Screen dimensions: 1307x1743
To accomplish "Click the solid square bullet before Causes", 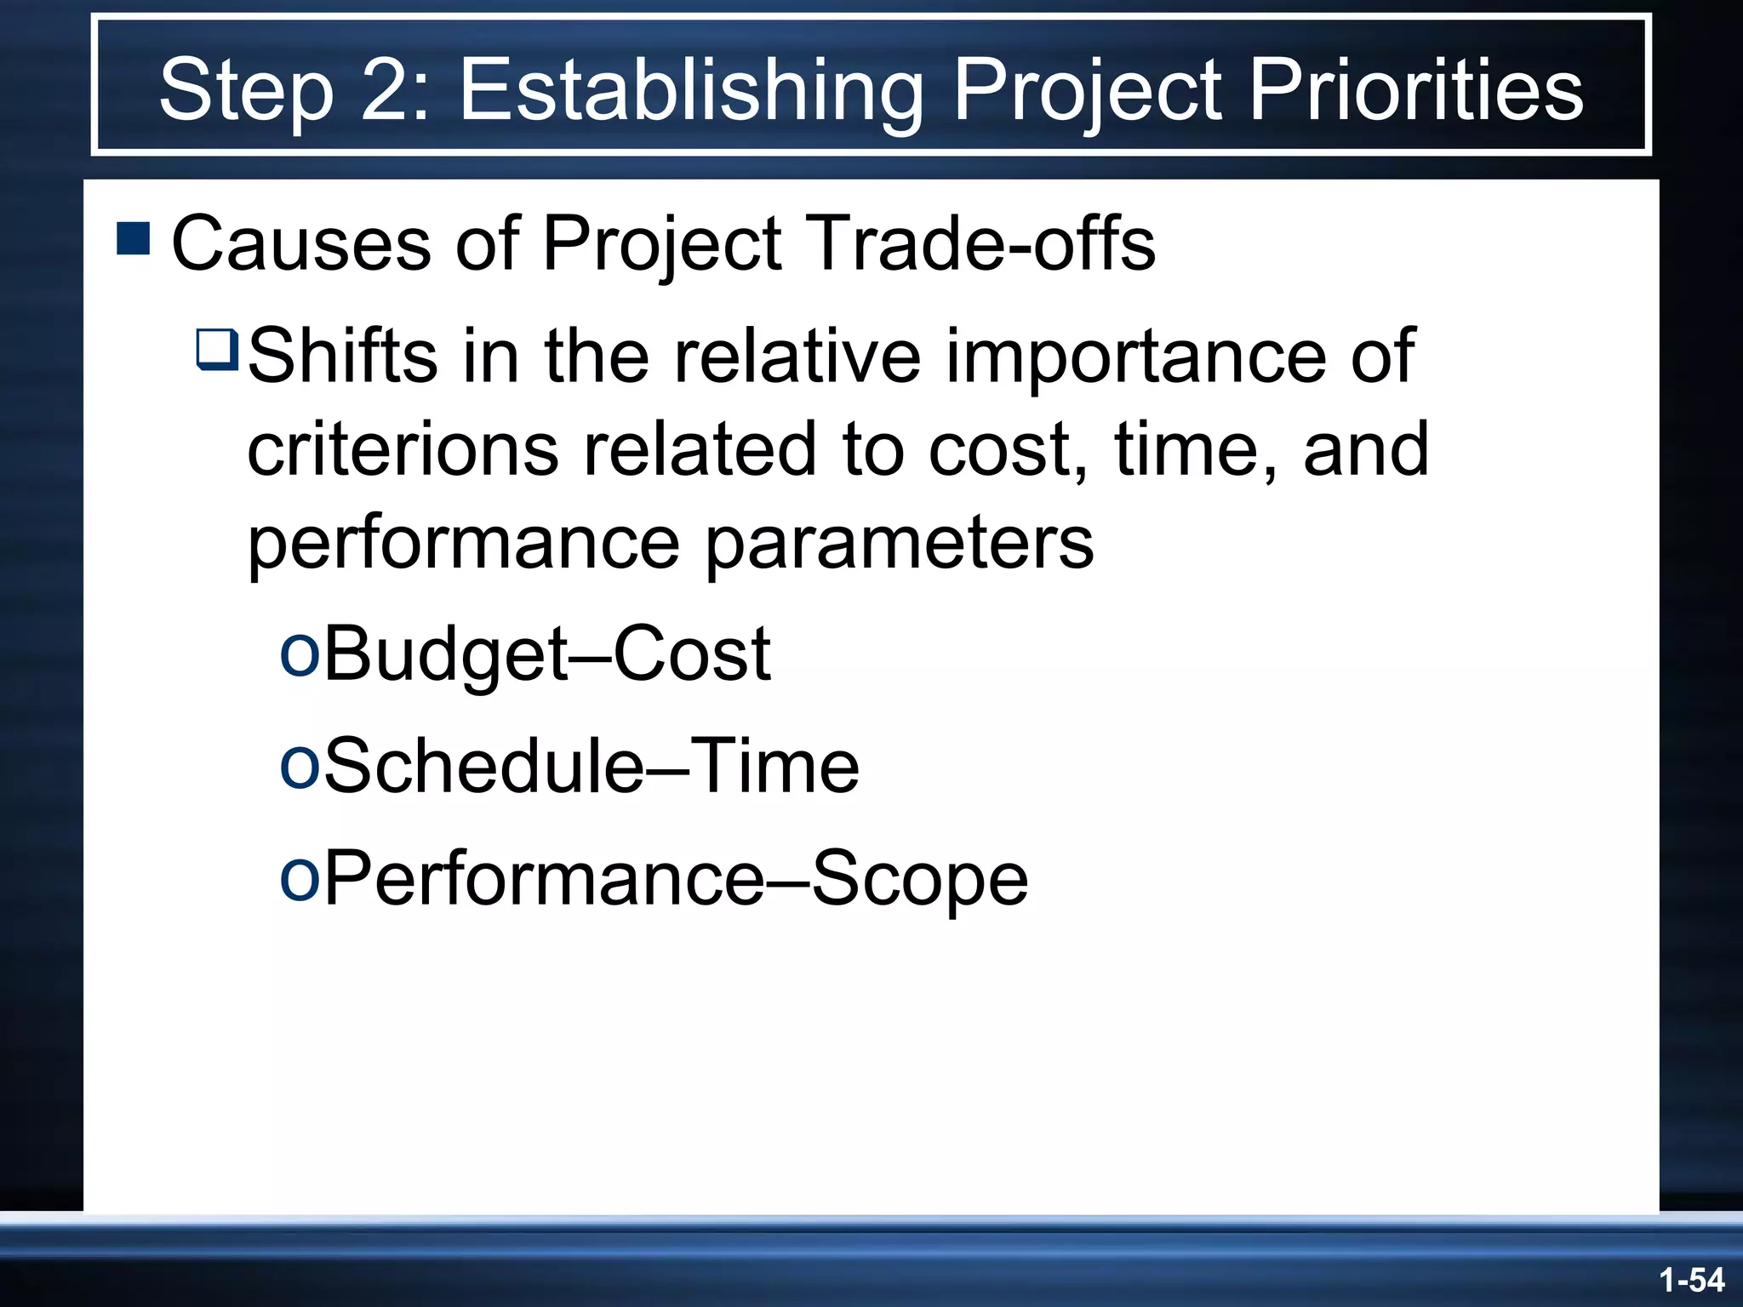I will (x=134, y=239).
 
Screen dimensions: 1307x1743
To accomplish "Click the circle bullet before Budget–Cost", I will (x=300, y=652).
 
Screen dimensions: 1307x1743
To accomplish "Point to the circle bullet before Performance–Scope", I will (x=300, y=876).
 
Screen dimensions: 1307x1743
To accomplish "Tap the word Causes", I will (x=301, y=243).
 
